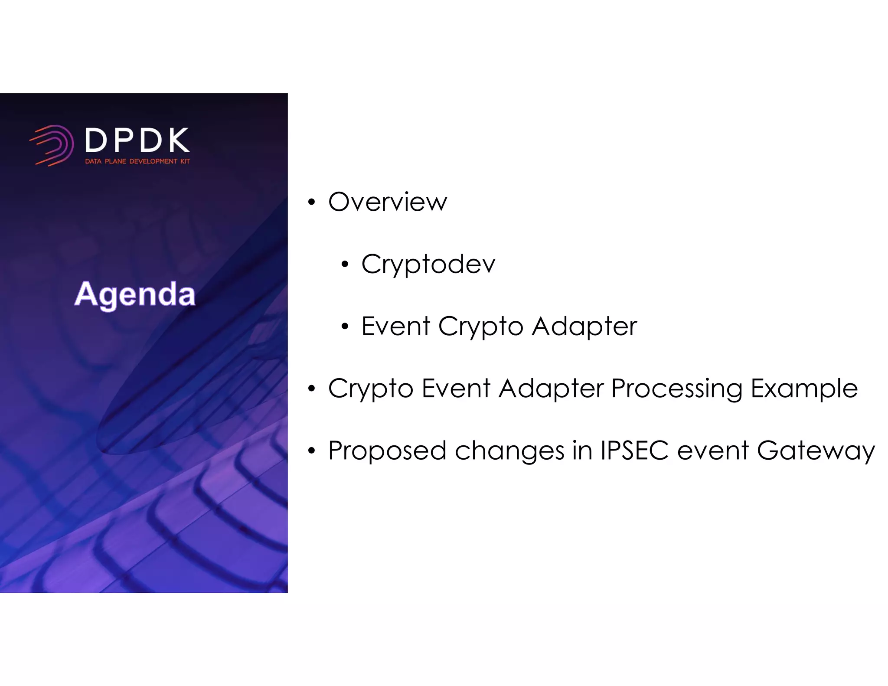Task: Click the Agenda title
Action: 135,294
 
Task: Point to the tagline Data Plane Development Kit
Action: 137,161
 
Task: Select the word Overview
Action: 387,202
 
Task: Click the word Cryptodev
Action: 428,264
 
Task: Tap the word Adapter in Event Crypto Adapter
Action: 584,327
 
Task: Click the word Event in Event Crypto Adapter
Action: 395,326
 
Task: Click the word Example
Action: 804,389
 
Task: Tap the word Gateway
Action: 816,451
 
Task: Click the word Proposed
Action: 387,451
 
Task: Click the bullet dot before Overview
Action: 311,203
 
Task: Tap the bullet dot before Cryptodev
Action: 345,265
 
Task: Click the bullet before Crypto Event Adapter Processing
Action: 311,389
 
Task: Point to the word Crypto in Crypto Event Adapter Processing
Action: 371,389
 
